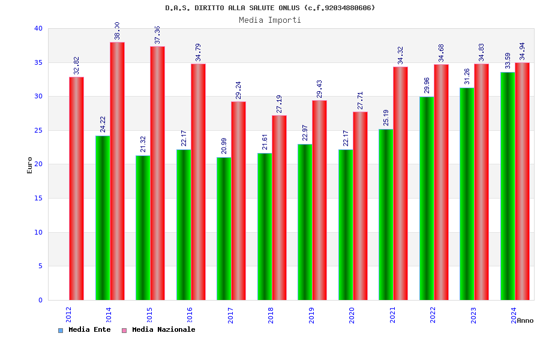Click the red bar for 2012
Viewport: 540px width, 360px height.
(x=76, y=188)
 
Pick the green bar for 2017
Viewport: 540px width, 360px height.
(x=224, y=229)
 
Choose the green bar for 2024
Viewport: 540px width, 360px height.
(x=508, y=186)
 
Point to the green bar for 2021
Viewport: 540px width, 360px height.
(x=386, y=214)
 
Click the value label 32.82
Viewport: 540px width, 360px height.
(x=77, y=66)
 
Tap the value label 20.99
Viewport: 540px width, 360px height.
(x=224, y=146)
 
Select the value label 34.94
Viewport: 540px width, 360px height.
(x=523, y=52)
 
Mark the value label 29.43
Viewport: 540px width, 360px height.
(x=320, y=89)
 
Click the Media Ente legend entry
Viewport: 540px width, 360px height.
(x=85, y=330)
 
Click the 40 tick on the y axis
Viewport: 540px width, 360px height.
(x=38, y=28)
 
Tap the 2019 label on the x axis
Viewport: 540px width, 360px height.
(x=311, y=315)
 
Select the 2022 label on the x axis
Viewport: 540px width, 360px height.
(x=433, y=315)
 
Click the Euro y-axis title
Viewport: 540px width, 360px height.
(x=30, y=165)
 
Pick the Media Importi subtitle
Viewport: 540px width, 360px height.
(x=270, y=20)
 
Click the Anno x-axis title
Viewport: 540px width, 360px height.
(x=525, y=320)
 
